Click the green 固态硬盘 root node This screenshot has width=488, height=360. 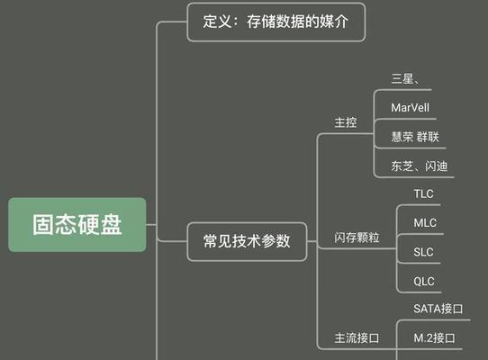[x=77, y=224]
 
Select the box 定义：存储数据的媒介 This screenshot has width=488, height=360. [x=276, y=22]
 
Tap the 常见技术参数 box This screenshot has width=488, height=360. [x=247, y=241]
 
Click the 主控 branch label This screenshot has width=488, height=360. [x=346, y=122]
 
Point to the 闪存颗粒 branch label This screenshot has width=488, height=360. [x=357, y=238]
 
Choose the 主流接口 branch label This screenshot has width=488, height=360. [x=357, y=337]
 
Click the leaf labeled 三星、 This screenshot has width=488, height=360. [x=405, y=78]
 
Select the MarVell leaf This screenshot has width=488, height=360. [x=411, y=108]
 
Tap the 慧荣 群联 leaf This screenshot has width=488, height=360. [x=415, y=137]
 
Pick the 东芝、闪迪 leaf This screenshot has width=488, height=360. [x=420, y=166]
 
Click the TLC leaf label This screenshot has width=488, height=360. [x=423, y=193]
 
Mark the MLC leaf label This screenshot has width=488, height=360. [x=425, y=223]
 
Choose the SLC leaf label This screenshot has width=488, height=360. [x=423, y=252]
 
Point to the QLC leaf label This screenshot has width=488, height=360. [x=424, y=282]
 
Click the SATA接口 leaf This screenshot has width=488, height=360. [x=438, y=309]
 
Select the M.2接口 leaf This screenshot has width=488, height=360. [x=434, y=337]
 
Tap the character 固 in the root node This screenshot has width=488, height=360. [x=43, y=224]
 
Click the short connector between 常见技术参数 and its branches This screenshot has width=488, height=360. [x=312, y=241]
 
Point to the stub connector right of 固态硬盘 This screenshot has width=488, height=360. [x=151, y=224]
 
